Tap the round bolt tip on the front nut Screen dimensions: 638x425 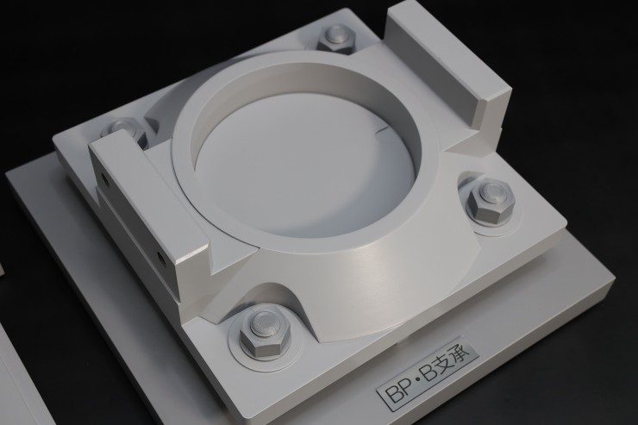(265, 323)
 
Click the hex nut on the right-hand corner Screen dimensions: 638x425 (491, 201)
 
